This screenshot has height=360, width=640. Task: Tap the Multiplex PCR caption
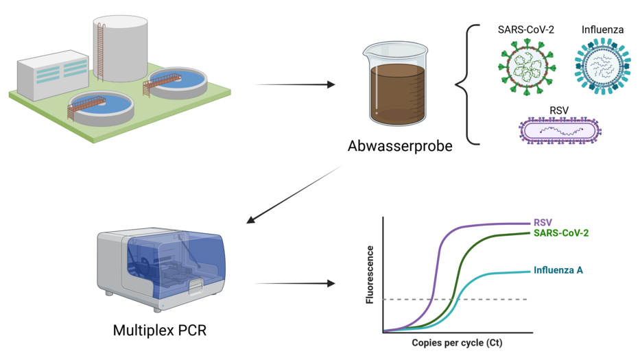tap(159, 331)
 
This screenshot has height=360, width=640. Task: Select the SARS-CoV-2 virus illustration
tap(526, 67)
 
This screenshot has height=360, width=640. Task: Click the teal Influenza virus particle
tap(599, 67)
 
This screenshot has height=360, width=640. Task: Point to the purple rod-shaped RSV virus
tap(560, 130)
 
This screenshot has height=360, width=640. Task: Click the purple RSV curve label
tap(543, 223)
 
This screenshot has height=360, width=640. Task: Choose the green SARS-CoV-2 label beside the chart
tap(560, 233)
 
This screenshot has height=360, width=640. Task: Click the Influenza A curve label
tap(558, 270)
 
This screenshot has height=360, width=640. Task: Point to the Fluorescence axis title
tap(370, 274)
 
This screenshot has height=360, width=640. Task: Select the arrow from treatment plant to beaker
tap(294, 85)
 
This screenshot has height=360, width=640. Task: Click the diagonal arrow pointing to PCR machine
tap(294, 195)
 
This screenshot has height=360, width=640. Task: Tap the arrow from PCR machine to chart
tap(294, 283)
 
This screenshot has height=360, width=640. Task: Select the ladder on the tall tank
tap(101, 51)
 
